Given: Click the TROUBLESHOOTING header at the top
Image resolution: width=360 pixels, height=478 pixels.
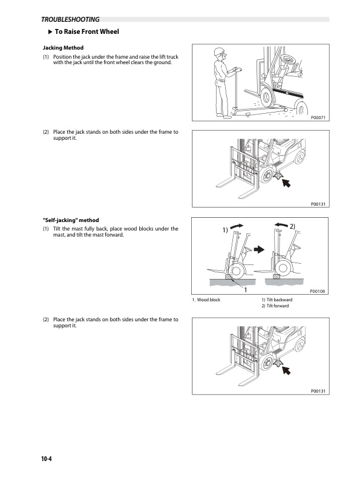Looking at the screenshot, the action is (70, 19).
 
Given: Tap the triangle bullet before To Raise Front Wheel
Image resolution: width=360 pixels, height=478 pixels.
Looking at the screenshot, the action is (51, 31).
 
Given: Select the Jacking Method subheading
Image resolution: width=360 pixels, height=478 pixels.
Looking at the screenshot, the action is (63, 48).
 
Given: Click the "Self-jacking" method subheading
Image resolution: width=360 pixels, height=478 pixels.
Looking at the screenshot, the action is (71, 220).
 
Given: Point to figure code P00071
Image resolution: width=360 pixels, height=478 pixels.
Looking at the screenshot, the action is (318, 117).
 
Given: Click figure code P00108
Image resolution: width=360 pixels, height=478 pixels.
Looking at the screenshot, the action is (317, 291).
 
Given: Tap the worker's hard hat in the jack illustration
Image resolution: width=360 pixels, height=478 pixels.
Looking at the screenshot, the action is (218, 51).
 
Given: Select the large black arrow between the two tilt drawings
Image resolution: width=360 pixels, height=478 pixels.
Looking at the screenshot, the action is (259, 250).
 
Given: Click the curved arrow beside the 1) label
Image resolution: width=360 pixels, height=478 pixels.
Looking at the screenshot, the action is (237, 226).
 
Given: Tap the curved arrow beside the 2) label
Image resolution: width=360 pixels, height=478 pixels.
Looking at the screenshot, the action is (281, 225).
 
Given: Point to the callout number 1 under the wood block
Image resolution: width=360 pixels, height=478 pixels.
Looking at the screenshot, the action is (246, 290).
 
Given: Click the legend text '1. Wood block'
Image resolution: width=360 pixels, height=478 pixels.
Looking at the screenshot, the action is (206, 300).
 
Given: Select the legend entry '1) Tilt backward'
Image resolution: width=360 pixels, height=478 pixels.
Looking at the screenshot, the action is (277, 300).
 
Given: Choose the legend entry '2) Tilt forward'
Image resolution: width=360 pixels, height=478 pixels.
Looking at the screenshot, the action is (275, 306).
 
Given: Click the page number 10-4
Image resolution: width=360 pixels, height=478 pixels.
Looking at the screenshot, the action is (47, 459).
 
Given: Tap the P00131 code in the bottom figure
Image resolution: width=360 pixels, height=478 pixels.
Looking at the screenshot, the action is (318, 391).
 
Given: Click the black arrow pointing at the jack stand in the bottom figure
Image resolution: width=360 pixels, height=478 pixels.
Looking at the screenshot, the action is (286, 370).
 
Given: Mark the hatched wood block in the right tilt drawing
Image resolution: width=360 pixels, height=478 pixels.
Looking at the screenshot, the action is (276, 277).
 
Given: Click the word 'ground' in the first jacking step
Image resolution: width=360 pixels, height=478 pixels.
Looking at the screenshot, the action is (163, 62).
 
